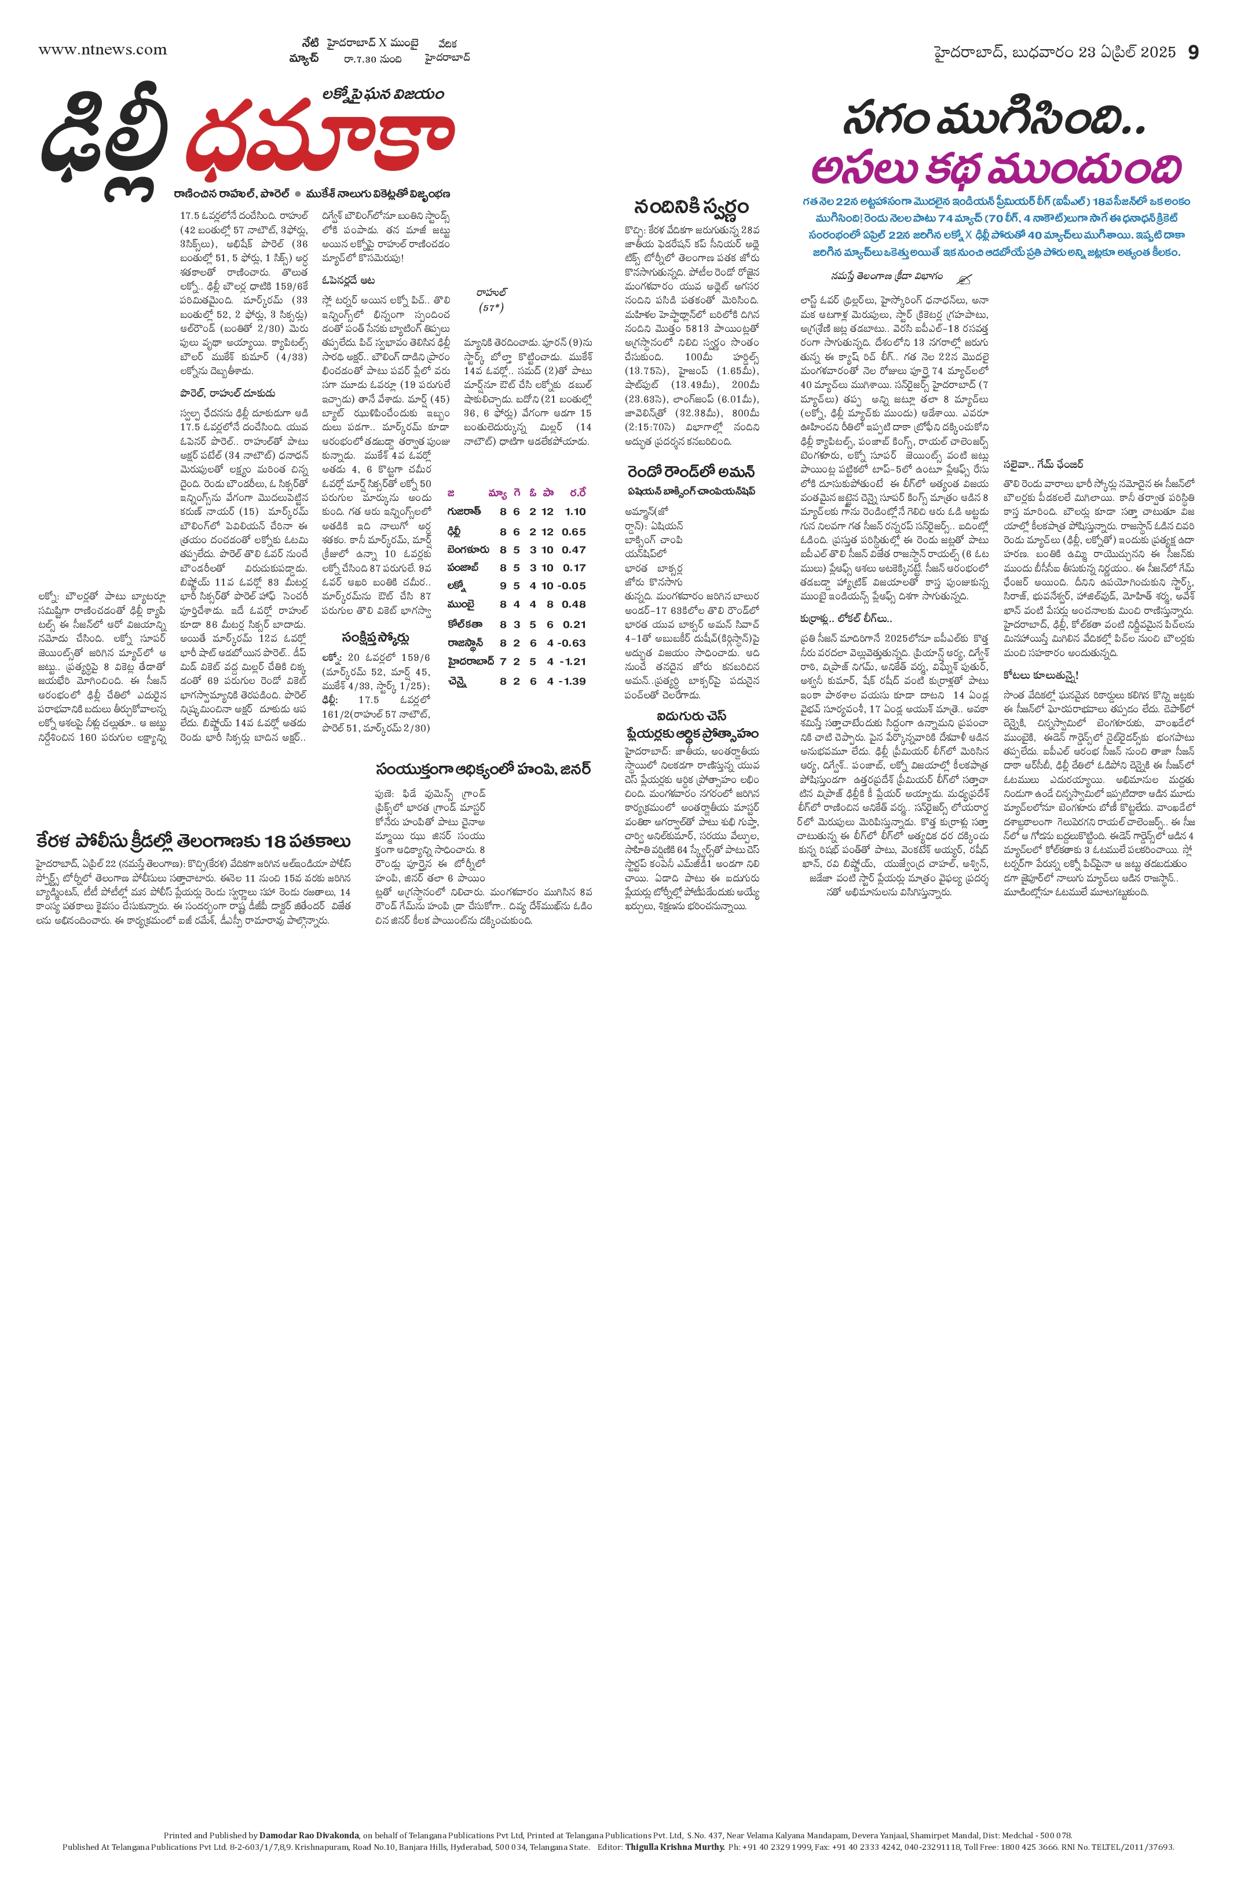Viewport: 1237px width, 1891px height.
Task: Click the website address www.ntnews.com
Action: [103, 50]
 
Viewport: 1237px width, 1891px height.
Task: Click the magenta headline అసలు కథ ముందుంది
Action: [996, 169]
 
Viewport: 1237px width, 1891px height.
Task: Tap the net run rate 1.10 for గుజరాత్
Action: [575, 511]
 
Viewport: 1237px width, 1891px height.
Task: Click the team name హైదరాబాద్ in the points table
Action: [471, 661]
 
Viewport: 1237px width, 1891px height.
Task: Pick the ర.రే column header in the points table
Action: [577, 493]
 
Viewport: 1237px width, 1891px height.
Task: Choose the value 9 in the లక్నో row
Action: [503, 586]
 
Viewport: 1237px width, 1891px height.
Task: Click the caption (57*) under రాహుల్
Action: [492, 308]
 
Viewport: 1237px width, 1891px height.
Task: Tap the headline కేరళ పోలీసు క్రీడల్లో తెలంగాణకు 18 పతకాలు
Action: [193, 840]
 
